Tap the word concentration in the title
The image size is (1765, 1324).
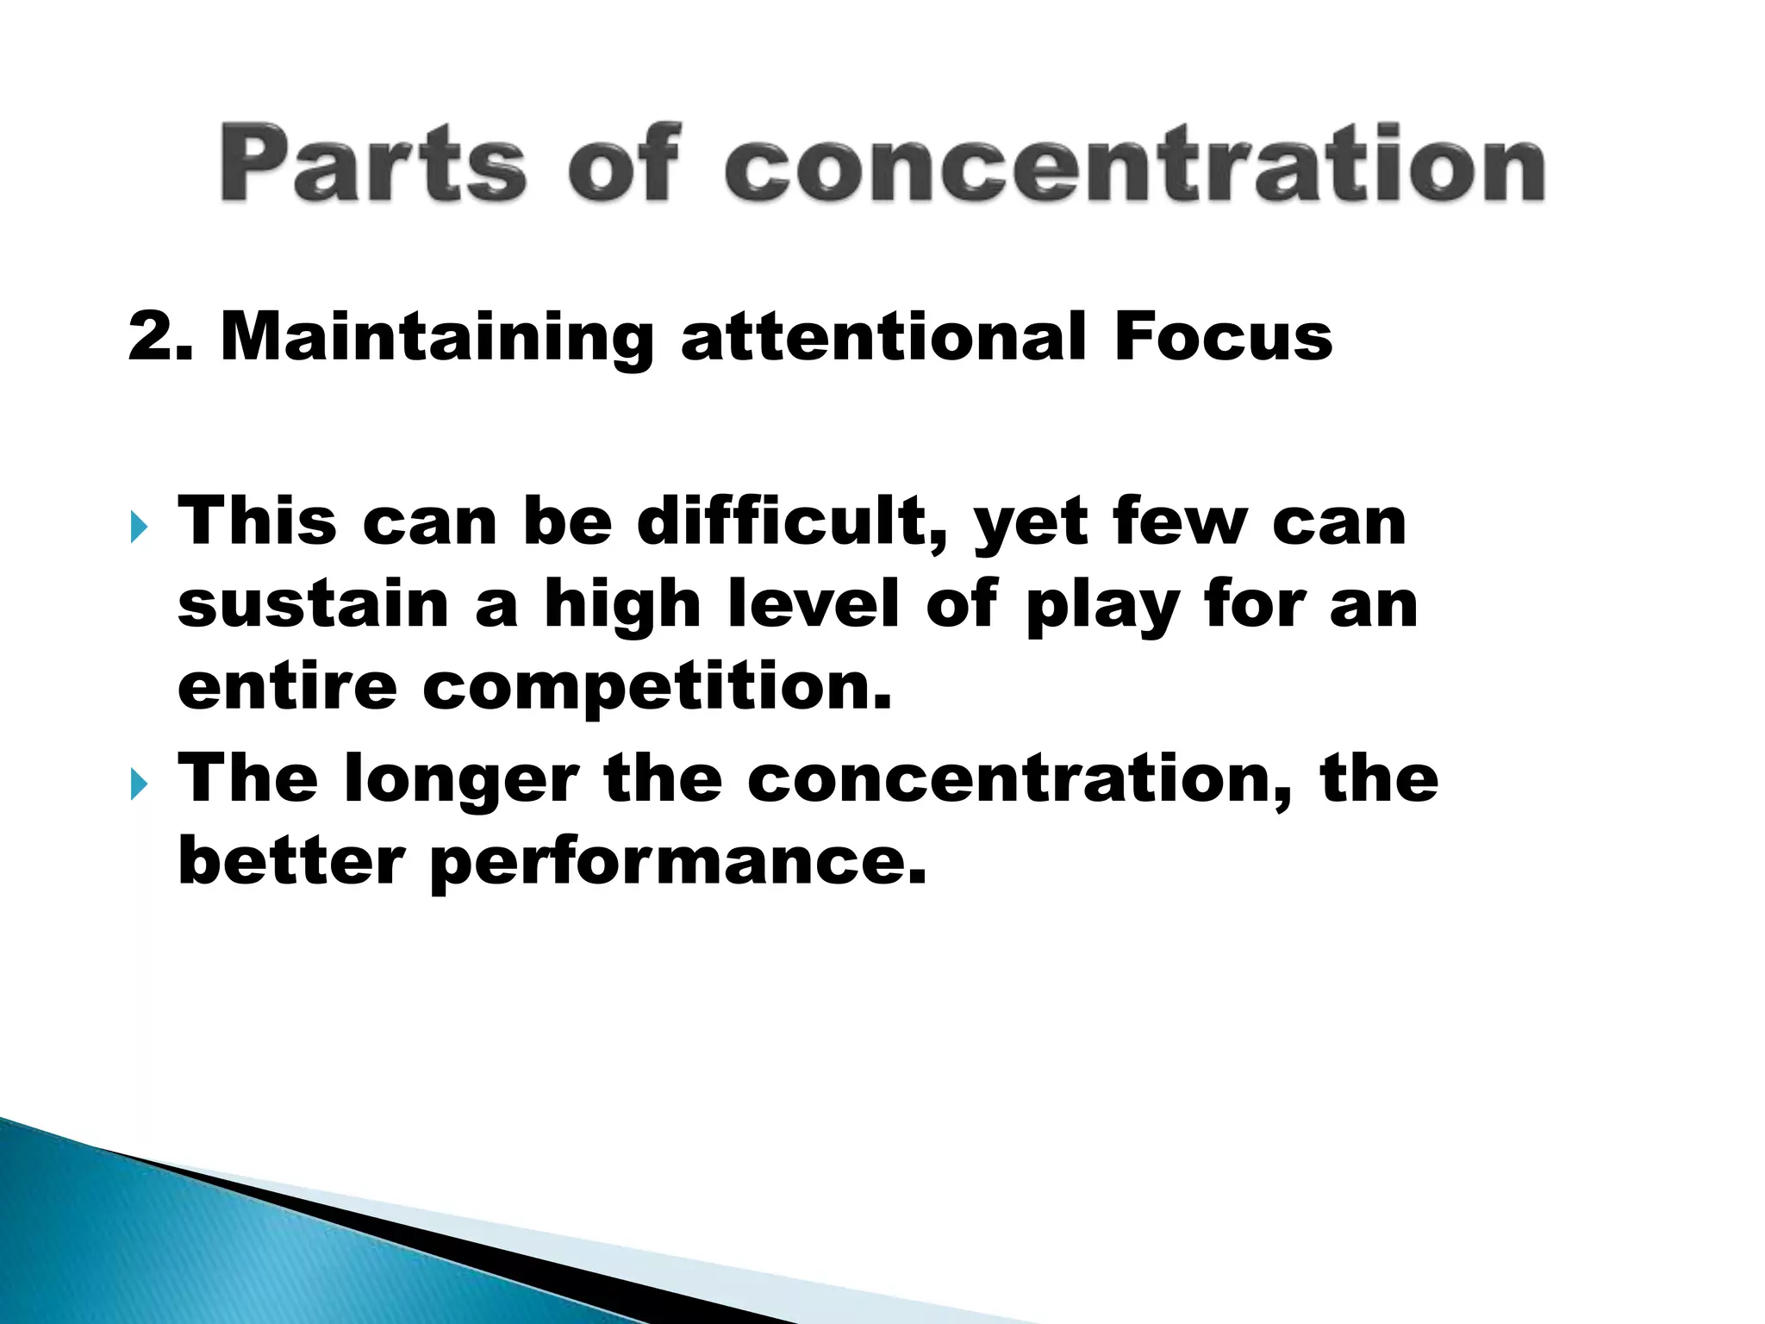point(1134,164)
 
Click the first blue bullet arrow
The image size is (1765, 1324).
point(139,526)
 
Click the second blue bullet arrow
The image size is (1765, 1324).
point(139,784)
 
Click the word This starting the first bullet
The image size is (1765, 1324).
point(257,522)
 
